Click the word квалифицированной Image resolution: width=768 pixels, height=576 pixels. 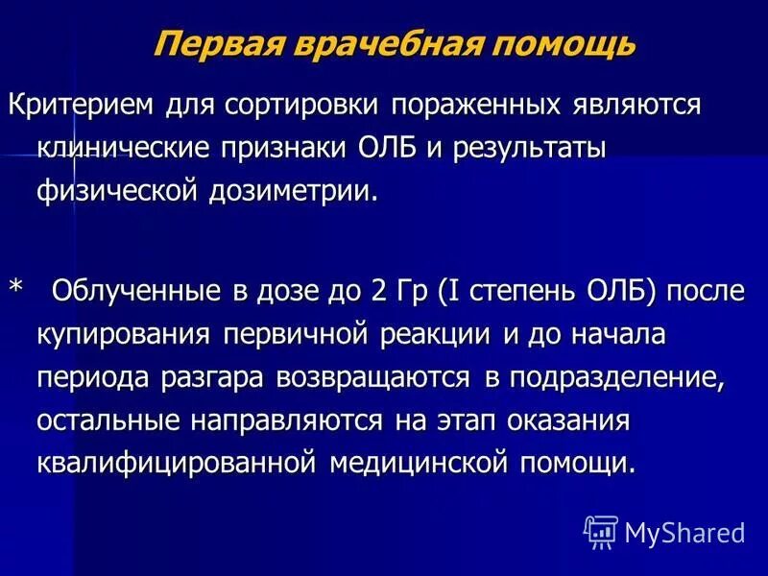(177, 463)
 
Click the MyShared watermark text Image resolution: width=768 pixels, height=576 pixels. (684, 531)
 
